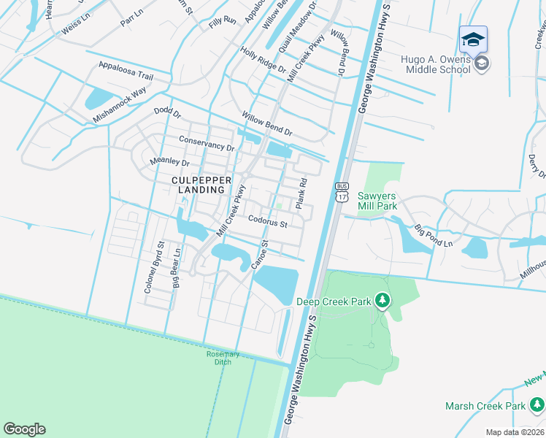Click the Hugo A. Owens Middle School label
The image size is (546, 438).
[x=435, y=64]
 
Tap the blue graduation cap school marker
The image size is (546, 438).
[x=473, y=39]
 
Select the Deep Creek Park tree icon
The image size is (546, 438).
[x=382, y=300]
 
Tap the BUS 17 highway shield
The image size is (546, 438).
[x=342, y=192]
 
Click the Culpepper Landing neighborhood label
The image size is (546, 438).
[x=201, y=184]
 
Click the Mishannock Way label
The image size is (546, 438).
[x=119, y=104]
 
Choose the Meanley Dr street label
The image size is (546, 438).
[x=169, y=162]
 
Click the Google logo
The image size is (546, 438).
[x=24, y=429]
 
